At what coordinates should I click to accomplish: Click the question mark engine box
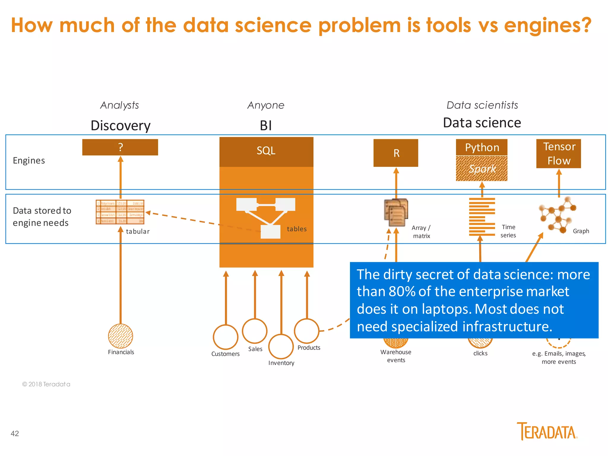point(120,147)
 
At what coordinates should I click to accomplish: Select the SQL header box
point(266,151)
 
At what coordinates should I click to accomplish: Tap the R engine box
point(396,153)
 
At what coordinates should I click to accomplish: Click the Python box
point(482,147)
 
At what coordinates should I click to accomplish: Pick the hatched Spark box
point(482,169)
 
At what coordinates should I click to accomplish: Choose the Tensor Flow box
point(558,153)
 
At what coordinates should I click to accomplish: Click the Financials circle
point(121,336)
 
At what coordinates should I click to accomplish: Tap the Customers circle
point(226,337)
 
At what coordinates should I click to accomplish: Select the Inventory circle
point(281,346)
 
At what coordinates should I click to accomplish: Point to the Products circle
point(307,331)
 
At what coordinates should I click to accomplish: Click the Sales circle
point(255,331)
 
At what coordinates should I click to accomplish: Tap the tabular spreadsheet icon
point(120,212)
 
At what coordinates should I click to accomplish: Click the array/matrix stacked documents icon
point(396,213)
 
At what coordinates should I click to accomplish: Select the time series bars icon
point(482,217)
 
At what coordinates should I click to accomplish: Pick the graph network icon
point(557,215)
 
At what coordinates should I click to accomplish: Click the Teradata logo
point(547,431)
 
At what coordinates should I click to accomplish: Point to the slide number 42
point(15,433)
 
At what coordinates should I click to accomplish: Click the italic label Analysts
point(120,105)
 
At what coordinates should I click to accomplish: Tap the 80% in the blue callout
point(402,292)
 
